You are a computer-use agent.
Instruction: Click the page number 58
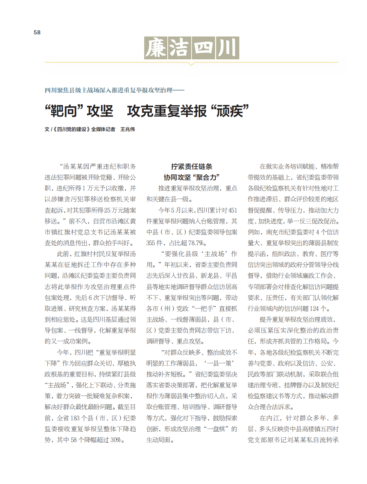37,32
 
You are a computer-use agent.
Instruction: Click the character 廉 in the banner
156,48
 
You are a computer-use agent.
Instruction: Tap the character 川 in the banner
227,48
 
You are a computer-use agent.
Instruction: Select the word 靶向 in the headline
64,111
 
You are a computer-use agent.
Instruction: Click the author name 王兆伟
128,130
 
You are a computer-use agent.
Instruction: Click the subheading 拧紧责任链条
192,166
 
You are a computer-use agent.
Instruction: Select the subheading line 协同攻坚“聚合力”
192,177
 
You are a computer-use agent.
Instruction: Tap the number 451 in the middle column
233,210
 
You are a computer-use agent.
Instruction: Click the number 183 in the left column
75,418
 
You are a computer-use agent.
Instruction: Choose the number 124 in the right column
314,309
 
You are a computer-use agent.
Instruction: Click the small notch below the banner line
191,64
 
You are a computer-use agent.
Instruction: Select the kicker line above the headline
114,91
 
